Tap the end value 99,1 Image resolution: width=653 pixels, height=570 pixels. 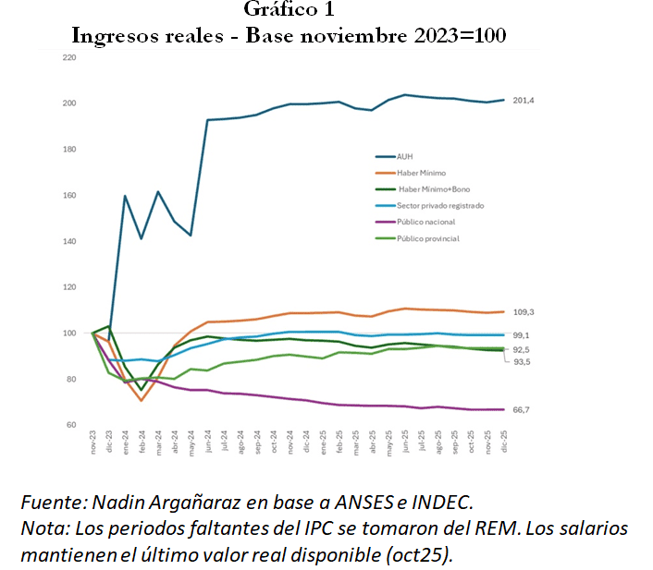(x=522, y=335)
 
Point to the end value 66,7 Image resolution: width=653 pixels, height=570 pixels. (x=522, y=409)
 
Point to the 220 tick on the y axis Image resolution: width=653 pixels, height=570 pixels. (x=68, y=57)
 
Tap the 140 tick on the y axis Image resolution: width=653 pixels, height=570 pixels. (x=68, y=241)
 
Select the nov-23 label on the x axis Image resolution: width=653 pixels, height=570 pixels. (x=93, y=443)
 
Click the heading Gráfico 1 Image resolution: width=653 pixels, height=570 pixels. (x=289, y=10)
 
